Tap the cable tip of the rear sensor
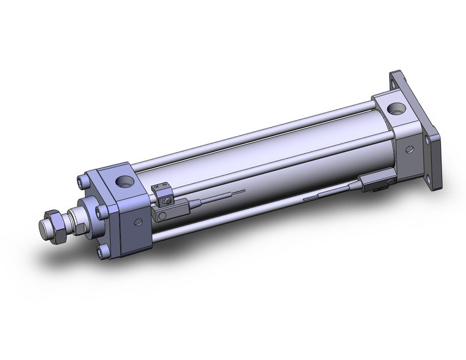point(304,197)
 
